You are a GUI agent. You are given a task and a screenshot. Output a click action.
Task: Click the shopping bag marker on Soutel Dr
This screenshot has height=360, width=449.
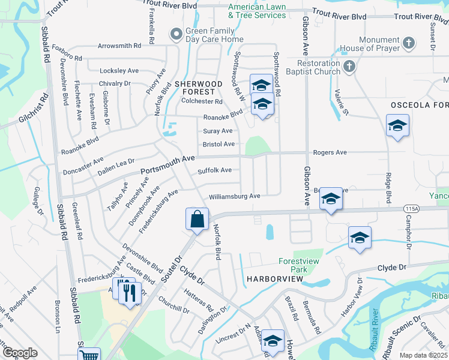coord(197,220)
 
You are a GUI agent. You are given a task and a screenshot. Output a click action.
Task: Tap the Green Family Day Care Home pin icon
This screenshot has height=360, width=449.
coord(176,34)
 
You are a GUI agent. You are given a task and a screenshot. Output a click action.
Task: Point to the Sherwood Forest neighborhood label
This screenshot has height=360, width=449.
coord(194,88)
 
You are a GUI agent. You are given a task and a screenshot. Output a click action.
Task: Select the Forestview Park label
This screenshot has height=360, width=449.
coord(301,265)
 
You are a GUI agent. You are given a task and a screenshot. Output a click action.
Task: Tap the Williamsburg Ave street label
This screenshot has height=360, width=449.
coord(234,196)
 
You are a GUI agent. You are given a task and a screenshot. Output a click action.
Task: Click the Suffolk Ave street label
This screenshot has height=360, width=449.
coord(214,170)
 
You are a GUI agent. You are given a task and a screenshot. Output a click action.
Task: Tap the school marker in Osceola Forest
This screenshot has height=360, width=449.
coord(397,127)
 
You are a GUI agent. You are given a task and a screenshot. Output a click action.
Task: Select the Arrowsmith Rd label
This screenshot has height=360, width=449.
coord(119,45)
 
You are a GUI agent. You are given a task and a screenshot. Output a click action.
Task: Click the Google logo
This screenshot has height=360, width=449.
coord(20,353)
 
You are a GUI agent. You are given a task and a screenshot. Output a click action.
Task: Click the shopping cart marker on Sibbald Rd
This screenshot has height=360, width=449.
coord(89,355)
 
